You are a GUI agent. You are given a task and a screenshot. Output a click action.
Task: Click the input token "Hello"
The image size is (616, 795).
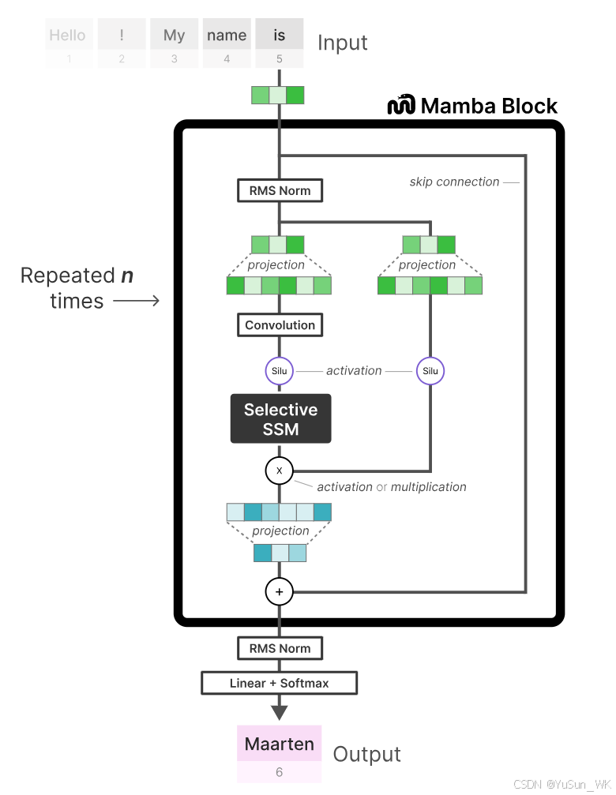tap(67, 36)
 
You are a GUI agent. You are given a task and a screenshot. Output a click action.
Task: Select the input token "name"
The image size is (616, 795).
tap(227, 36)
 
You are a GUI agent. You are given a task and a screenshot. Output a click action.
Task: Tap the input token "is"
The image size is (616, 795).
tap(280, 36)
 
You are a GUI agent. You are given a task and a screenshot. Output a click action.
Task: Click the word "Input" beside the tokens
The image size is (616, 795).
tap(343, 43)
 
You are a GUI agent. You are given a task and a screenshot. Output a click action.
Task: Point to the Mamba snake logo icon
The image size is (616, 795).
tap(401, 105)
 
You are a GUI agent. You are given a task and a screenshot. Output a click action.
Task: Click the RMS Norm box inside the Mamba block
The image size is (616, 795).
tap(280, 190)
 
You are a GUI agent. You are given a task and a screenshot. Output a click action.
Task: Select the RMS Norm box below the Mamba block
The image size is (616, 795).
tap(280, 648)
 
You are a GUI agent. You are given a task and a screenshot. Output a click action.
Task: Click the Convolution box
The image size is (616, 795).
tap(280, 325)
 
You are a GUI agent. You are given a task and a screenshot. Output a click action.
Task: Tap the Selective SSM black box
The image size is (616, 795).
tap(280, 419)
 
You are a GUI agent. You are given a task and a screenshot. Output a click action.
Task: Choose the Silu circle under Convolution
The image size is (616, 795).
tap(280, 371)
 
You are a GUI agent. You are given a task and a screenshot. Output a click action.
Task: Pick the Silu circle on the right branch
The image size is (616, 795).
tap(430, 371)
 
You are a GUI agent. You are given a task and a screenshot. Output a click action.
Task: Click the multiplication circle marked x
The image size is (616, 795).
tap(279, 471)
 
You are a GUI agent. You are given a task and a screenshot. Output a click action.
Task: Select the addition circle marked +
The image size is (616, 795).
tap(279, 591)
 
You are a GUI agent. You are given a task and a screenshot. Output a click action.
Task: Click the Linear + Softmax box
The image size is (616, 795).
tap(280, 683)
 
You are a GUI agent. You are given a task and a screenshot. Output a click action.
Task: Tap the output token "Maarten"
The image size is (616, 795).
tap(280, 744)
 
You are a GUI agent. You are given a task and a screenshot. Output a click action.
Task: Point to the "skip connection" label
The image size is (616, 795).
tap(454, 182)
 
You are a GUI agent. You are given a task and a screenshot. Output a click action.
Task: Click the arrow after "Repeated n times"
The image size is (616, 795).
tap(137, 301)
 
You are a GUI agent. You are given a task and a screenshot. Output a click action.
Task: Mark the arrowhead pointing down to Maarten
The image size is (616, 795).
tap(280, 712)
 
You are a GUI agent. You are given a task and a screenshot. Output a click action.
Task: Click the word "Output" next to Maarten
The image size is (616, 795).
tap(366, 754)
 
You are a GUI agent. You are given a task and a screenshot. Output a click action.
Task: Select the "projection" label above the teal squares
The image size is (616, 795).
tap(280, 531)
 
